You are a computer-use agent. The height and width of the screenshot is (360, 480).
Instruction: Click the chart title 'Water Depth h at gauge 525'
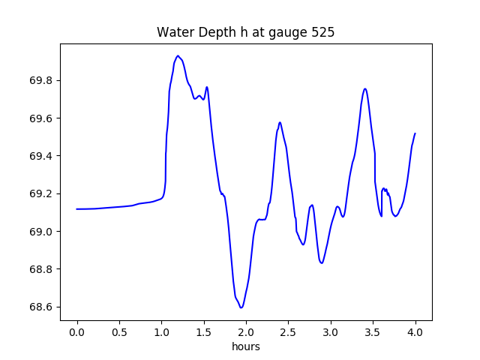(x=245, y=32)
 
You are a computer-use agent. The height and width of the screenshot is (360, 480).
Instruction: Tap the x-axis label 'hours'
(x=246, y=347)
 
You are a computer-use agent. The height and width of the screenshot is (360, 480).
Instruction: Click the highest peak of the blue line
(x=178, y=56)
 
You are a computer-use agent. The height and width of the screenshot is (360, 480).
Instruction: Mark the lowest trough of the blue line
(x=241, y=307)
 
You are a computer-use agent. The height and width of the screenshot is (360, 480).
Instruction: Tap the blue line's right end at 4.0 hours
(x=415, y=133)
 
